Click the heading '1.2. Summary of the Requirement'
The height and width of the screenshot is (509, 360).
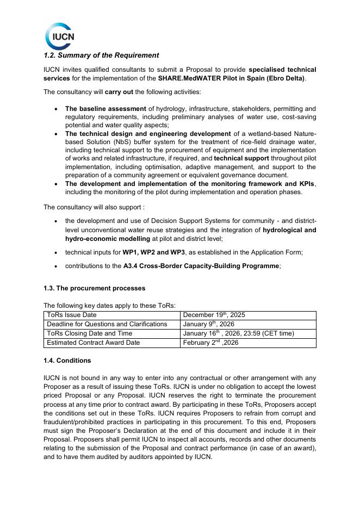[101, 55]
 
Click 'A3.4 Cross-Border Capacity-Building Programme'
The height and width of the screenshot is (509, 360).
[201, 266]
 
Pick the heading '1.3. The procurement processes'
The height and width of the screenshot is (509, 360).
[94, 288]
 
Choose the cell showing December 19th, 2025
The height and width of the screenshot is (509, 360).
[214, 315]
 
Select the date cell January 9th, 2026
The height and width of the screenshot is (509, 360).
[209, 324]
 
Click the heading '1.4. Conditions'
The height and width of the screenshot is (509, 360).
[67, 361]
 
